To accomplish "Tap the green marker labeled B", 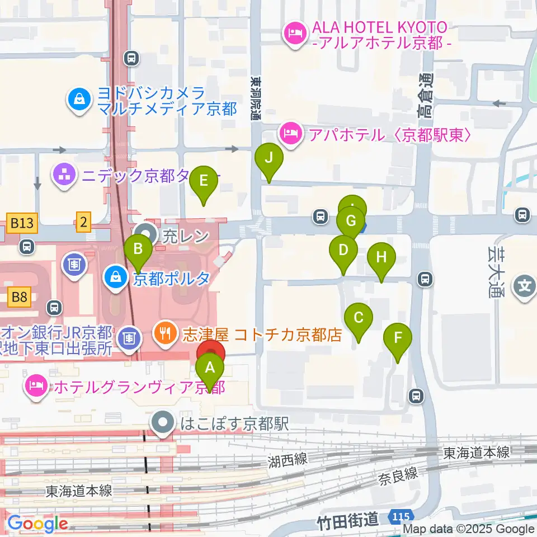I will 138,249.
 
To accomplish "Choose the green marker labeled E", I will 204,182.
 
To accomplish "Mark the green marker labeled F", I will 398,339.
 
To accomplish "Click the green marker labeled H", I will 381,258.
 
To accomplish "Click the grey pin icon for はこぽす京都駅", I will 164,423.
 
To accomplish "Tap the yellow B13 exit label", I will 22,223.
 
